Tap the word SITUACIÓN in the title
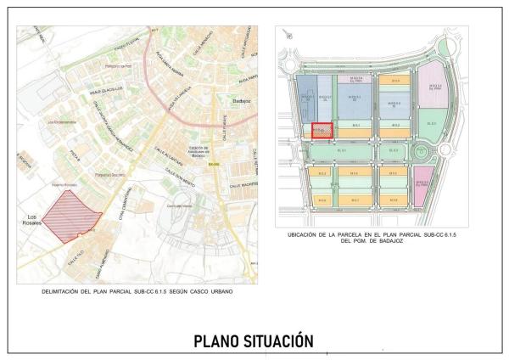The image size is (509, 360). (280, 341)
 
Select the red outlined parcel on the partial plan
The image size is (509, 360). (322, 131)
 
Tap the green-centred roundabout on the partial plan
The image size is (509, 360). (421, 151)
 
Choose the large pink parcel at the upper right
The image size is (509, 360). (435, 86)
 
